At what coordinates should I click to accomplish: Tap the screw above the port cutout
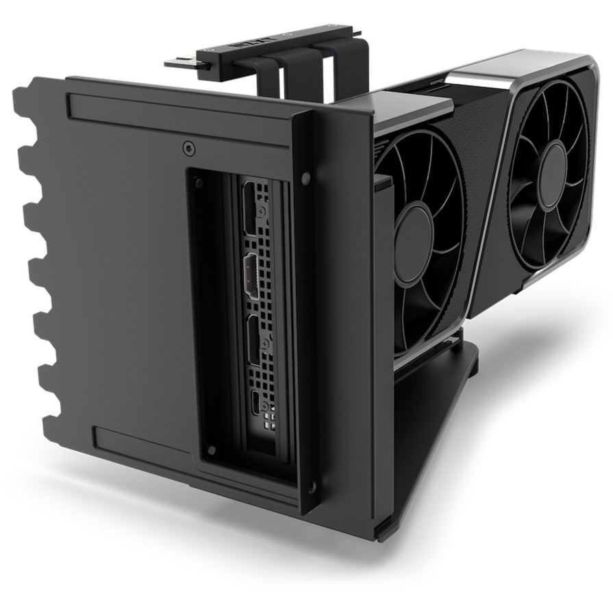pyautogui.click(x=188, y=147)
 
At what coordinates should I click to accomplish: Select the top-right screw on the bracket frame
pyautogui.click(x=305, y=179)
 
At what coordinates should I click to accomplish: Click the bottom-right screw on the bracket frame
pyautogui.click(x=312, y=488)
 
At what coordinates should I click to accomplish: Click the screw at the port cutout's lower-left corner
pyautogui.click(x=212, y=450)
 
